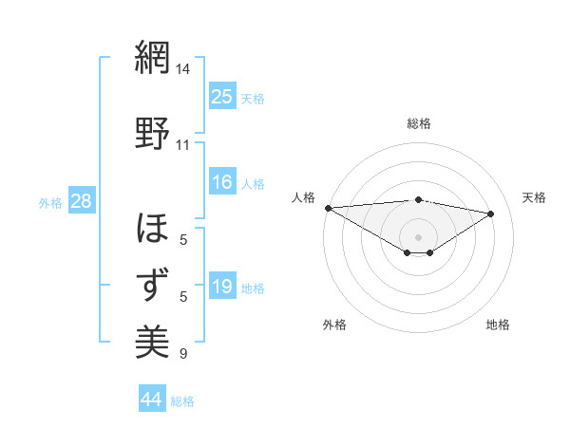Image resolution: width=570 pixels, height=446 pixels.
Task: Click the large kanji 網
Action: (x=152, y=58)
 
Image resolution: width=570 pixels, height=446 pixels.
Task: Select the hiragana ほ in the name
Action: (x=152, y=229)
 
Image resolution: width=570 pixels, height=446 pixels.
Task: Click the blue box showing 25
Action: (x=222, y=96)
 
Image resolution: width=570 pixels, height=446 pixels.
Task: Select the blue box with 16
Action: (x=222, y=182)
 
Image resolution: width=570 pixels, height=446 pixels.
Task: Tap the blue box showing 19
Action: (x=222, y=287)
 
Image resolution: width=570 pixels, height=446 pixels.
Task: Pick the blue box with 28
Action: (x=81, y=200)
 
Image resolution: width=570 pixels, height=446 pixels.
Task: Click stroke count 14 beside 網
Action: (x=183, y=69)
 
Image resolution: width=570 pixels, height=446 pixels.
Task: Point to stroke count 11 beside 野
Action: (x=183, y=145)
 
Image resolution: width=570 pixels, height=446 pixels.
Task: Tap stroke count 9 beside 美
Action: (x=183, y=354)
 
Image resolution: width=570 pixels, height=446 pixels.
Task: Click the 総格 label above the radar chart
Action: (x=419, y=123)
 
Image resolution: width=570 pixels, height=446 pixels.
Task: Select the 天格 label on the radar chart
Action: (x=534, y=197)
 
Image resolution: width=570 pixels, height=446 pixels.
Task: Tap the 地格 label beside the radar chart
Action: (x=498, y=325)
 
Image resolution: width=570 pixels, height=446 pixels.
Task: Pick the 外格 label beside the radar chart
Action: (x=334, y=325)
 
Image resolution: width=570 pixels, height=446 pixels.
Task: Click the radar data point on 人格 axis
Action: (x=328, y=208)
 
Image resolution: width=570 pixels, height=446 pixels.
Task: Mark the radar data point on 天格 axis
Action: (x=491, y=214)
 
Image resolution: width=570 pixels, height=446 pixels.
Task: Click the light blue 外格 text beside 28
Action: (x=49, y=202)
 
